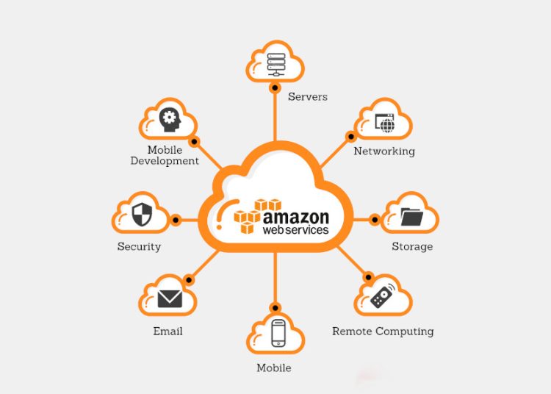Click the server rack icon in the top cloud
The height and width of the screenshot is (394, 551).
pyautogui.click(x=275, y=65)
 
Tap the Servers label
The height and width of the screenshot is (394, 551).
pyautogui.click(x=308, y=96)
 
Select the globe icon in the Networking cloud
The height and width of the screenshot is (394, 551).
pyautogui.click(x=387, y=126)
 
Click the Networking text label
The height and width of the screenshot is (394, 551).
pyautogui.click(x=384, y=151)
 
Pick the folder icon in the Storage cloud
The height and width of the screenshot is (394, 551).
pyautogui.click(x=411, y=217)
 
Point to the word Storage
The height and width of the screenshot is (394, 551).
pyautogui.click(x=412, y=247)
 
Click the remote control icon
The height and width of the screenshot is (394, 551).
pyautogui.click(x=382, y=296)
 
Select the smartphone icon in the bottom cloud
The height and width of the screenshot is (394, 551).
pyautogui.click(x=278, y=333)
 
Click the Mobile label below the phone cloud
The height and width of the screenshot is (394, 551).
pyautogui.click(x=274, y=368)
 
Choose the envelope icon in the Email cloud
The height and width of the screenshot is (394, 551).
pyautogui.click(x=170, y=298)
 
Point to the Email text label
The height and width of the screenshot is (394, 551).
pyautogui.click(x=168, y=331)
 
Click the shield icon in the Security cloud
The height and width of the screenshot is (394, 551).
pyautogui.click(x=142, y=215)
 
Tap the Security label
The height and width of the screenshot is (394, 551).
pyautogui.click(x=139, y=247)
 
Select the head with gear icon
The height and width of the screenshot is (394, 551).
pyautogui.click(x=170, y=120)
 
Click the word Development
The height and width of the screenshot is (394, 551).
pyautogui.click(x=165, y=161)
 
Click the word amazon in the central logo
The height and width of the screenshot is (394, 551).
pyautogui.click(x=296, y=218)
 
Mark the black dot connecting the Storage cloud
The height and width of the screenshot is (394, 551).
pyautogui.click(x=375, y=220)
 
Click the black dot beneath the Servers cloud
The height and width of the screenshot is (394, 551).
pyautogui.click(x=275, y=87)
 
